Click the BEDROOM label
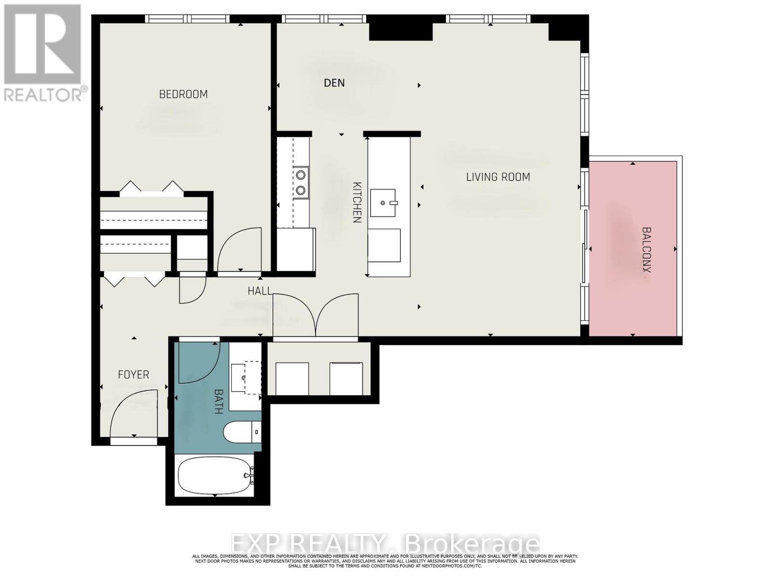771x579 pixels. pos(183,94)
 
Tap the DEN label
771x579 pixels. pos(334,83)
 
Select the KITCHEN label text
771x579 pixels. pos(357,202)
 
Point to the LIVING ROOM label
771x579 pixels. pos(498,177)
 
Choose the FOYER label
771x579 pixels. pos(133,374)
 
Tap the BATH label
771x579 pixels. pos(218,401)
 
